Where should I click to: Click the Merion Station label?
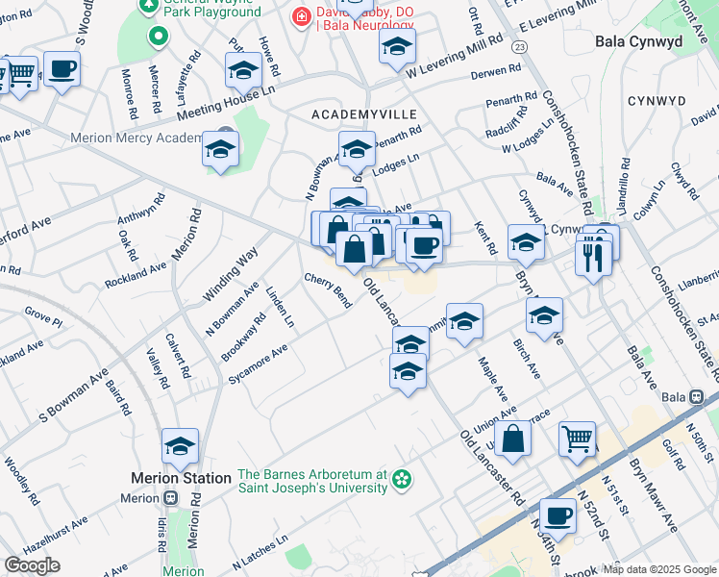pyautogui.click(x=181, y=478)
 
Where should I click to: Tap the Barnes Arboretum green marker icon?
pyautogui.click(x=403, y=477)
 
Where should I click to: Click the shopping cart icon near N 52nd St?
pyautogui.click(x=578, y=439)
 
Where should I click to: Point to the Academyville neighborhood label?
pyautogui.click(x=357, y=114)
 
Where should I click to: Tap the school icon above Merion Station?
pyautogui.click(x=180, y=446)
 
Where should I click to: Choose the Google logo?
pyautogui.click(x=32, y=565)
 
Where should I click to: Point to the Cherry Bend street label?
pyautogui.click(x=328, y=289)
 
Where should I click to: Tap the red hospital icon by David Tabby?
pyautogui.click(x=301, y=16)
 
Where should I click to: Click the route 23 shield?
pyautogui.click(x=520, y=46)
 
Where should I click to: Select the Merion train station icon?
pyautogui.click(x=170, y=498)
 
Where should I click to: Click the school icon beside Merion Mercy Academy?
pyautogui.click(x=221, y=150)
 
